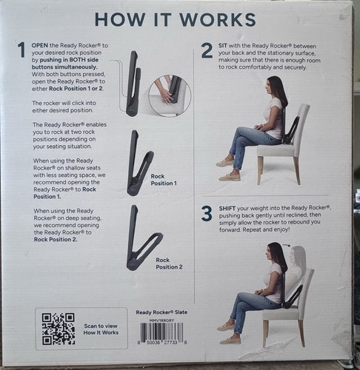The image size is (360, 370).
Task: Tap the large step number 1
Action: click(x=21, y=50)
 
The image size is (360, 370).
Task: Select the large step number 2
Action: click(x=207, y=50)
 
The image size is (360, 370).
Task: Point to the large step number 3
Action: click(x=207, y=215)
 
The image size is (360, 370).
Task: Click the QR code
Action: click(x=58, y=329)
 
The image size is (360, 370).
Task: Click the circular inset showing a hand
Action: click(x=169, y=96)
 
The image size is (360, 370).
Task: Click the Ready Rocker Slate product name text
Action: click(x=161, y=312)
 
